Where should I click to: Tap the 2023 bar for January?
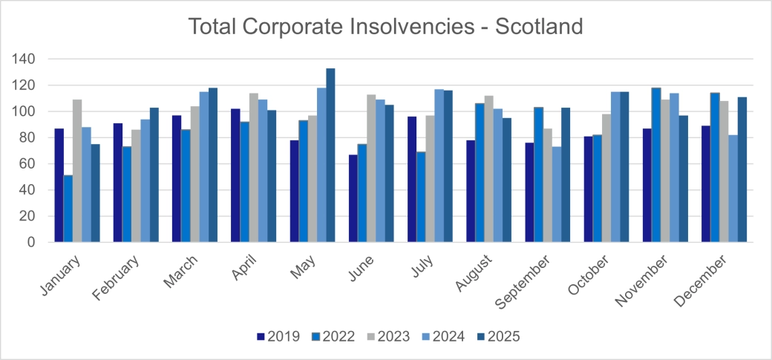tap(77, 171)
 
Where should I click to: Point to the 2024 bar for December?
tap(733, 189)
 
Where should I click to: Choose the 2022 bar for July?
tap(421, 197)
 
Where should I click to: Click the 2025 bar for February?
tap(154, 174)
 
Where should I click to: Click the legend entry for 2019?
tap(278, 336)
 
